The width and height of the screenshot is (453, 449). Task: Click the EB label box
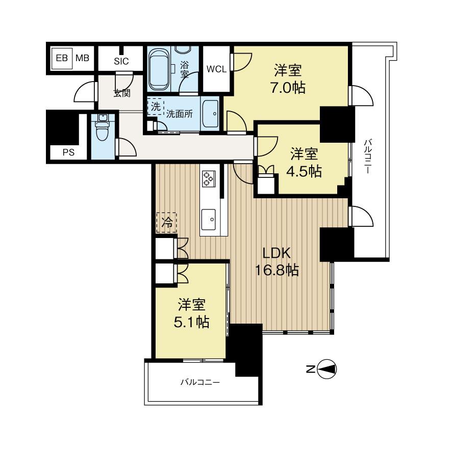[x=62, y=58]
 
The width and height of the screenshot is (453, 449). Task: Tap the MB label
[x=82, y=58]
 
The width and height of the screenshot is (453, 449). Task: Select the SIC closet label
[x=121, y=61]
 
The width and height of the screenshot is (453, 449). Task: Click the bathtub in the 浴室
[x=159, y=69]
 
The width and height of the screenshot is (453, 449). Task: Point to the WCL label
[x=217, y=69]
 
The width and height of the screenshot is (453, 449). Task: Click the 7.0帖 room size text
[x=288, y=88]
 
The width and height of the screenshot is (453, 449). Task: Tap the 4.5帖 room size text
[x=304, y=171]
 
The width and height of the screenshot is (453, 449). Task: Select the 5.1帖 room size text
[x=191, y=322]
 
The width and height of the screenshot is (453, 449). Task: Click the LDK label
[x=276, y=253]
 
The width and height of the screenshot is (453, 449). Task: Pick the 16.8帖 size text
[x=277, y=271]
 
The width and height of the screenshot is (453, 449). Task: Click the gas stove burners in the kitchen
[x=209, y=178]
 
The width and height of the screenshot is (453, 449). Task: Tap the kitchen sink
[x=208, y=220]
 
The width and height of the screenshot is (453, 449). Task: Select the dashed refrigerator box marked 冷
[x=166, y=223]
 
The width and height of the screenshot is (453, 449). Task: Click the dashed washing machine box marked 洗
[x=156, y=107]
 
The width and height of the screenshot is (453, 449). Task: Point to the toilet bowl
[x=102, y=130]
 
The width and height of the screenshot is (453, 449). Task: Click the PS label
[x=68, y=152]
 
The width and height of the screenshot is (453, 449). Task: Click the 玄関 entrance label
[x=121, y=93]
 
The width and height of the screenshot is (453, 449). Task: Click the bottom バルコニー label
[x=200, y=382]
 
